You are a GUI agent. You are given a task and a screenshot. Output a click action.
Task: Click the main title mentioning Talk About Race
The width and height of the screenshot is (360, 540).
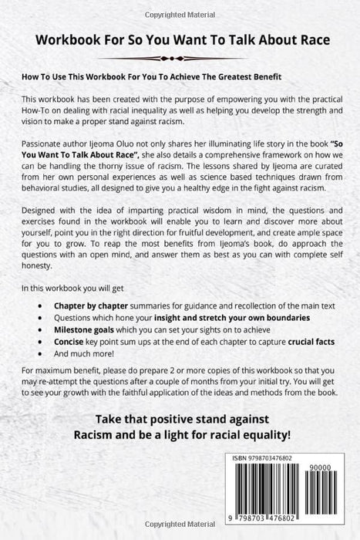click(180, 42)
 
